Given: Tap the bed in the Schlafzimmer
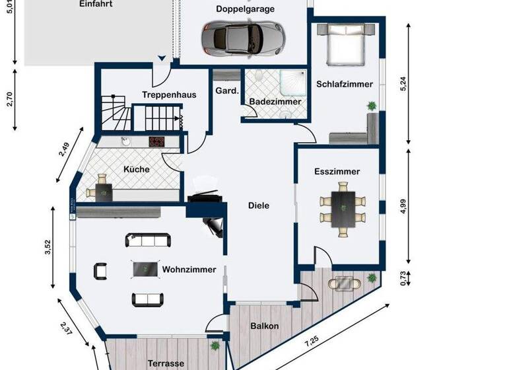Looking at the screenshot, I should pos(344,44).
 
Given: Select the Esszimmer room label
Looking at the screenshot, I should pos(337,171).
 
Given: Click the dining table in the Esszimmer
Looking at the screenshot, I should pos(342,208).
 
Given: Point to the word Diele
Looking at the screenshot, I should pos(258,205).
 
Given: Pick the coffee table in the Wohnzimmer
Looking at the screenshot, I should pos(145,269).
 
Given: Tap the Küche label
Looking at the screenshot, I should pos(137,169).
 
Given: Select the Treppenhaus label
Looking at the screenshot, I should pos(169,95).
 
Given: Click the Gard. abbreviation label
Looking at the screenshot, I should pos(226,91).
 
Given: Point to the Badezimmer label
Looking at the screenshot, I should pos(275,102).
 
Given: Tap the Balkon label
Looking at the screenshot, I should pos(264,326).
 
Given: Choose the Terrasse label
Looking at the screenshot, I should pos(166,363).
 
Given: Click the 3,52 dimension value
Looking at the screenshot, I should pos(46,248).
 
